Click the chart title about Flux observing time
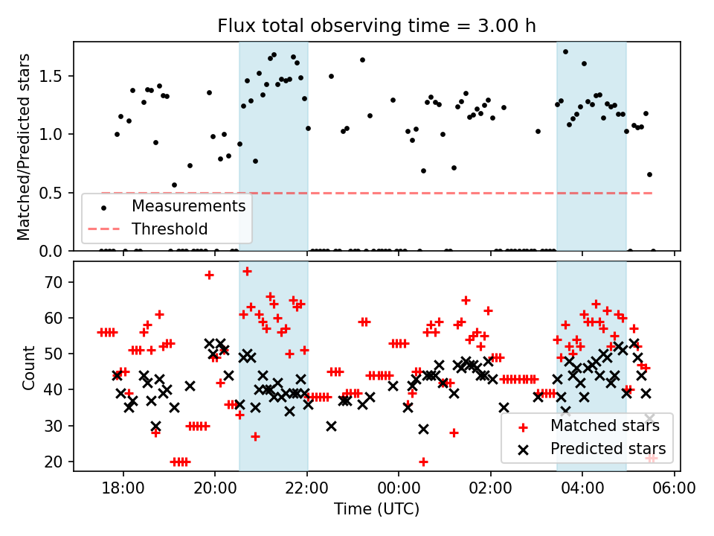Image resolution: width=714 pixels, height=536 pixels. click(x=376, y=26)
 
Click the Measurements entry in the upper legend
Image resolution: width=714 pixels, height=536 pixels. click(x=188, y=205)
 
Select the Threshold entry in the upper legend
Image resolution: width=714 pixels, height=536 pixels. click(x=170, y=229)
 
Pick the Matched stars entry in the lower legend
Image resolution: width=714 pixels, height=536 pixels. click(x=604, y=427)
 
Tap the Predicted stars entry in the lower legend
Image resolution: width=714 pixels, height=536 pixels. click(x=608, y=449)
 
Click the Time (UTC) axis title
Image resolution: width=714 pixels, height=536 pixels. click(x=376, y=509)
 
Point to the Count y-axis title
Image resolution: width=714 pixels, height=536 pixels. click(x=29, y=367)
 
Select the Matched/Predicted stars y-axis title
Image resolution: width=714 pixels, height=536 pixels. click(x=24, y=147)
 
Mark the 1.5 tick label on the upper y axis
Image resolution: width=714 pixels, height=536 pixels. click(x=56, y=76)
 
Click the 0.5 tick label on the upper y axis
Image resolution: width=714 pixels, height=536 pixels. click(x=56, y=193)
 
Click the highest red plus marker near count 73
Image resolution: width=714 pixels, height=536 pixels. click(x=247, y=271)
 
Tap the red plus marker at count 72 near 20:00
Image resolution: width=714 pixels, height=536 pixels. click(x=209, y=275)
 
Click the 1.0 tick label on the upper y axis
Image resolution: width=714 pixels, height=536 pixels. click(x=56, y=135)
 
